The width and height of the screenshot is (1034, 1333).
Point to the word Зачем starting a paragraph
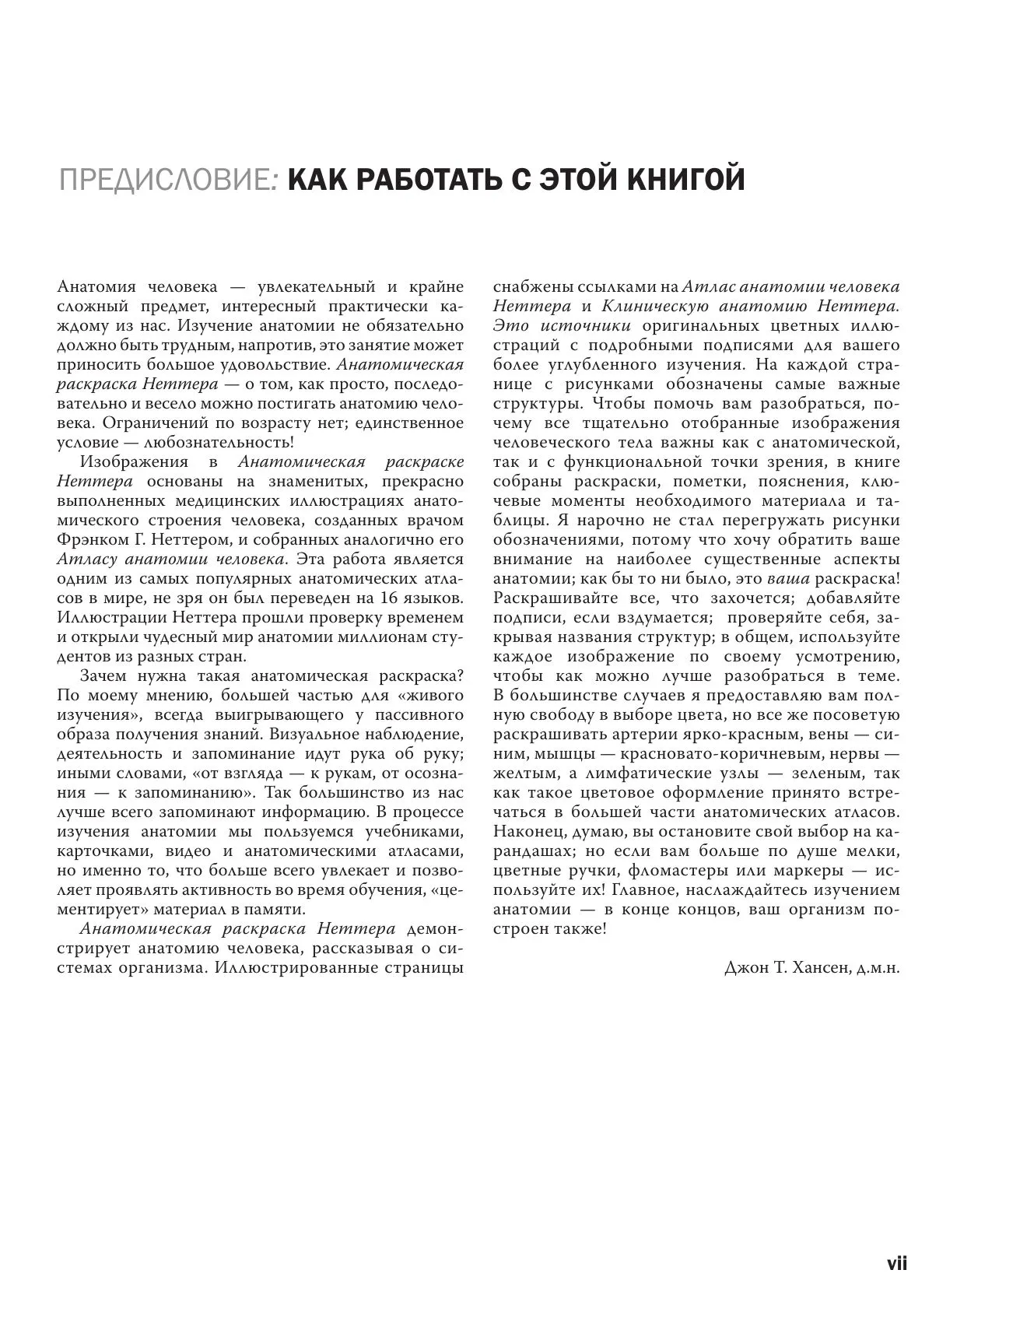click(x=107, y=676)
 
